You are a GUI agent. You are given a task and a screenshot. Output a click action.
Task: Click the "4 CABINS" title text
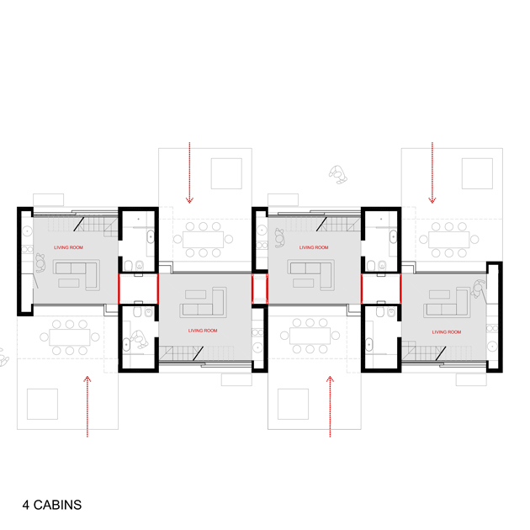click(52, 505)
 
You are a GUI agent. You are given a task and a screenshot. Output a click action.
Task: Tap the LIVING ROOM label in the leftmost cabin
click(68, 247)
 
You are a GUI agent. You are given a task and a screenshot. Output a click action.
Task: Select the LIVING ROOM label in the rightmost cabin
click(446, 332)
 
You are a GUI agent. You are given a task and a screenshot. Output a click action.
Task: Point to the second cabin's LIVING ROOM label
click(203, 331)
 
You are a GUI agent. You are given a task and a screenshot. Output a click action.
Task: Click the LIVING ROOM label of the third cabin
click(314, 247)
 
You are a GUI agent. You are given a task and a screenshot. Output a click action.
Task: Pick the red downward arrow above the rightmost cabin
click(432, 172)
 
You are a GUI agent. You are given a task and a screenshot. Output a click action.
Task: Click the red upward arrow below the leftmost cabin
click(87, 406)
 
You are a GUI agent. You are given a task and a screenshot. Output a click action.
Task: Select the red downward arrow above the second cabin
click(189, 172)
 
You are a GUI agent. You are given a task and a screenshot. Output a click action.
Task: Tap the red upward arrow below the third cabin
click(330, 406)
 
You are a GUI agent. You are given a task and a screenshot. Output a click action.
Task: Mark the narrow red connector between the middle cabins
click(260, 289)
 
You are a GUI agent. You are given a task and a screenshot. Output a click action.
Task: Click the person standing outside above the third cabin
click(337, 174)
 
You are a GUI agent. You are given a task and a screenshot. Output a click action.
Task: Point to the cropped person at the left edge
click(3, 358)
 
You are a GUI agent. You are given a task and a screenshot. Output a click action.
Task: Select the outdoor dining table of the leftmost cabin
click(70, 337)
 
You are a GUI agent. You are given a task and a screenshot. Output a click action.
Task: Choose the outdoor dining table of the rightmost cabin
click(449, 239)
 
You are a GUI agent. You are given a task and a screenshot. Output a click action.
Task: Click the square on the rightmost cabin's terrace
click(477, 173)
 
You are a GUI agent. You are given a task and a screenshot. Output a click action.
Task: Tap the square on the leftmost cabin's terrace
click(42, 404)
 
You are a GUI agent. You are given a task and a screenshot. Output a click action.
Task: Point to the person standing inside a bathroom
click(140, 339)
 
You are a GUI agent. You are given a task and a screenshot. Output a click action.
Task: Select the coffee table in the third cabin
click(303, 283)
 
